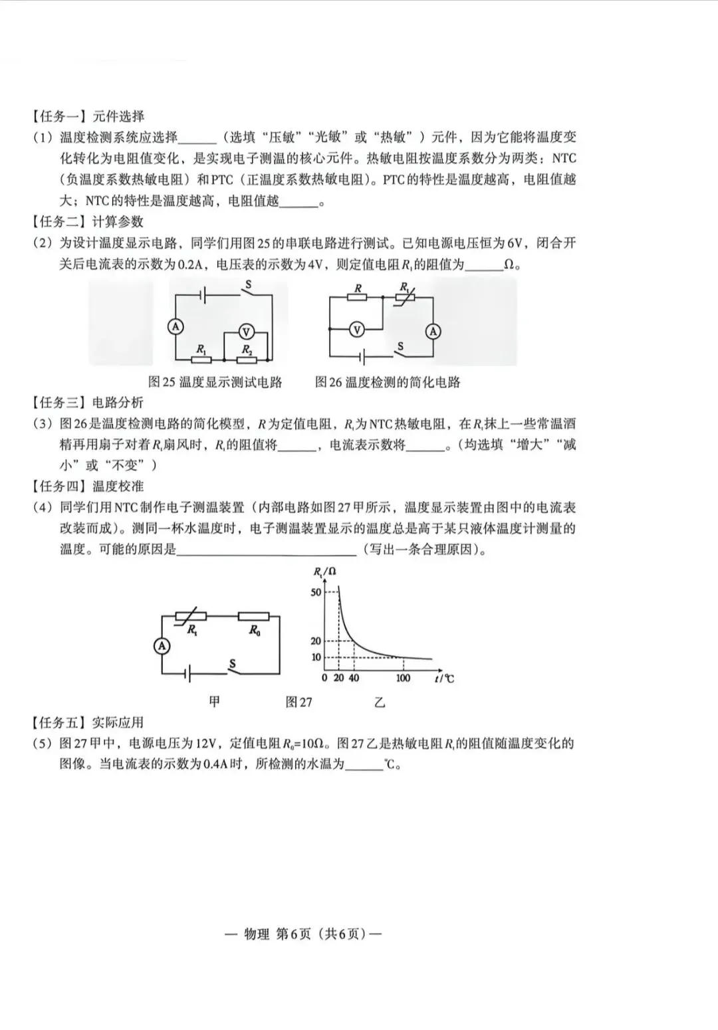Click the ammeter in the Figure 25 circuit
click(x=176, y=326)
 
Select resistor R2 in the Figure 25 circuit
click(x=247, y=360)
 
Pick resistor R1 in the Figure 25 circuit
click(x=201, y=360)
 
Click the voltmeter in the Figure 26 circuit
click(x=357, y=329)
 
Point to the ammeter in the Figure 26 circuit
click(x=433, y=331)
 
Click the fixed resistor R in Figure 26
click(x=358, y=298)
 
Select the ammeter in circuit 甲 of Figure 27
click(x=162, y=645)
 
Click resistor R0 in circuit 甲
click(x=254, y=617)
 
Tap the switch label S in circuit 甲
click(x=233, y=663)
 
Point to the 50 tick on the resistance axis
click(x=316, y=592)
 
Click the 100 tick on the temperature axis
click(x=403, y=678)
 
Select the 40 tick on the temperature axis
click(x=354, y=678)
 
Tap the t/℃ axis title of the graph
click(x=444, y=678)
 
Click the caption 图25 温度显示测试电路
click(x=215, y=382)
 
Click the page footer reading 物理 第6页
click(x=304, y=934)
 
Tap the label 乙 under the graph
click(x=380, y=702)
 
